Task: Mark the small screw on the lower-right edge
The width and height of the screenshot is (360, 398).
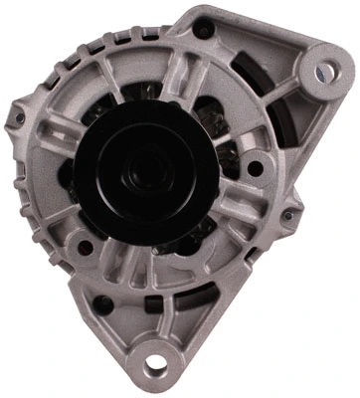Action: click(x=287, y=215)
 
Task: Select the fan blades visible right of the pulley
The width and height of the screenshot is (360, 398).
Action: click(x=227, y=149)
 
